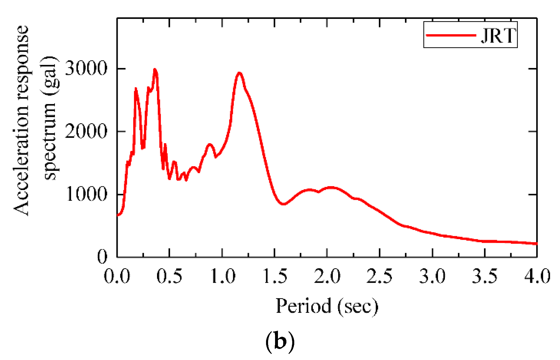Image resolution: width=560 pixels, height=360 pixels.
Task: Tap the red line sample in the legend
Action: (x=451, y=35)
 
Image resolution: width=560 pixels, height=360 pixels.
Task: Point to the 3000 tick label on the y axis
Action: (x=86, y=69)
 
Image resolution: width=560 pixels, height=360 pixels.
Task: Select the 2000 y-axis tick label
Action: (x=86, y=132)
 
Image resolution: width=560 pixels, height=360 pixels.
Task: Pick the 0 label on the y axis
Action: (x=102, y=257)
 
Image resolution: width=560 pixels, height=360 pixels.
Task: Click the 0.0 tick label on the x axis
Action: (x=117, y=276)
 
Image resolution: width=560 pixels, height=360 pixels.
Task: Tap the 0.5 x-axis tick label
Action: (x=169, y=276)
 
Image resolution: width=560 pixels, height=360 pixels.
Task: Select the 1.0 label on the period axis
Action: (x=222, y=276)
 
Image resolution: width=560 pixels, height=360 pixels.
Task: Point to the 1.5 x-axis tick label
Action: (x=275, y=276)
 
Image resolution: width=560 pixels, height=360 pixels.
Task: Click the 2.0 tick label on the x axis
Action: (x=327, y=276)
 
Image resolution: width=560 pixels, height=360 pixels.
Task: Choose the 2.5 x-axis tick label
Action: (x=379, y=276)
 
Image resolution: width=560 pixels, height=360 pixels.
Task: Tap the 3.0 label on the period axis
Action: (x=432, y=276)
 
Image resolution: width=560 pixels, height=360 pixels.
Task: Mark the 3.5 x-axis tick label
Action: (x=485, y=276)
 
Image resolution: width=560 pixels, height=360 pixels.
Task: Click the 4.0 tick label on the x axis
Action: (x=537, y=276)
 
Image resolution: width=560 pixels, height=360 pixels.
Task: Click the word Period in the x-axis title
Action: (x=303, y=306)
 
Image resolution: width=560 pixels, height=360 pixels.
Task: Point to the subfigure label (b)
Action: (x=280, y=341)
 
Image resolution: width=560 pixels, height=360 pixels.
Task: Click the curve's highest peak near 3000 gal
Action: (x=155, y=69)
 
